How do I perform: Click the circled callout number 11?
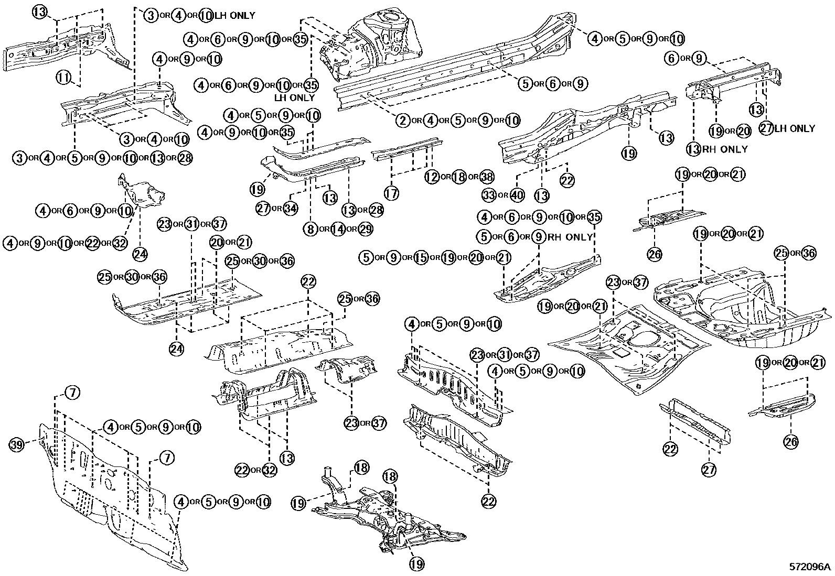point(63,78)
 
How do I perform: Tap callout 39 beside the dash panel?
point(17,445)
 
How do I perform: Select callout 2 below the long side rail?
point(402,121)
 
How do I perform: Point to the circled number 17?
point(391,193)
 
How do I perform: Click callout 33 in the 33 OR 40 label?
point(489,195)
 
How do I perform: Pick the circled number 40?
point(517,195)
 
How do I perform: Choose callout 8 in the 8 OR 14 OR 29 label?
point(311,229)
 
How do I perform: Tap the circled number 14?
point(338,229)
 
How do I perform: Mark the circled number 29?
point(366,229)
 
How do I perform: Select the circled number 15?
point(421,258)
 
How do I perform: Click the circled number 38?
point(487,177)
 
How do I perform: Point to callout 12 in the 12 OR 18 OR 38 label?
point(432,177)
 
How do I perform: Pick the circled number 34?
point(290,209)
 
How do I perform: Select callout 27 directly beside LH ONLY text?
point(766,128)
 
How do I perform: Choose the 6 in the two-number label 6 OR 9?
point(672,58)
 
